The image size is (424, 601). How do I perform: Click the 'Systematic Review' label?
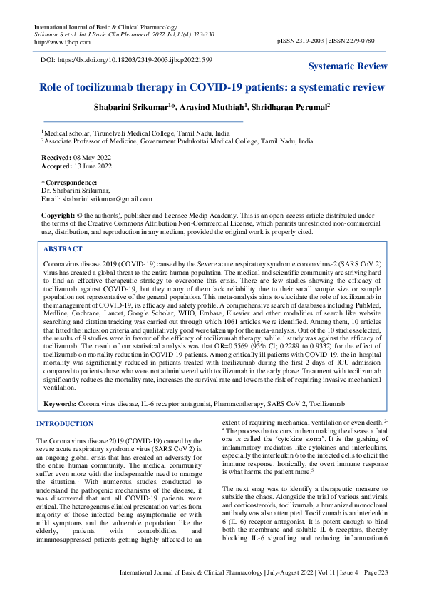(348, 66)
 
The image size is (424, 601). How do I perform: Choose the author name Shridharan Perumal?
(291, 107)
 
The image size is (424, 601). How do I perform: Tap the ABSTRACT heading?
(63, 249)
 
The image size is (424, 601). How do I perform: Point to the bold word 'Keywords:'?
(61, 404)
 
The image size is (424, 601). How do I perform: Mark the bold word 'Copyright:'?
(58, 215)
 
